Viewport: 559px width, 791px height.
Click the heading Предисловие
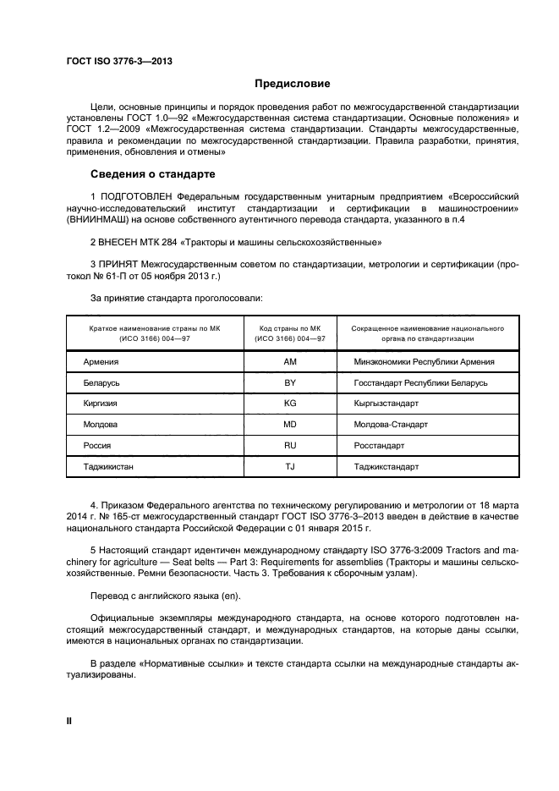[293, 84]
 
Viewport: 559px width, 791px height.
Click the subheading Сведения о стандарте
[153, 175]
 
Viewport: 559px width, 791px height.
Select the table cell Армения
[101, 362]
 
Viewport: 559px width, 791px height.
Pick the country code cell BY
[290, 383]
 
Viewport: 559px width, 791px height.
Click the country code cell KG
[290, 404]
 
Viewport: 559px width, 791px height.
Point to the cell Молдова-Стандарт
[392, 424]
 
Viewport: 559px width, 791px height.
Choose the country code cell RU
[290, 445]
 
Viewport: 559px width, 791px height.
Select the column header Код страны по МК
[290, 327]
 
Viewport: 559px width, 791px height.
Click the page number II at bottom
[70, 720]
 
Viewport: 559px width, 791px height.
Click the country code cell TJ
[290, 465]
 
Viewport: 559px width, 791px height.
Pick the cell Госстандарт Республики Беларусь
[421, 383]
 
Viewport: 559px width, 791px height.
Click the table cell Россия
[97, 445]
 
